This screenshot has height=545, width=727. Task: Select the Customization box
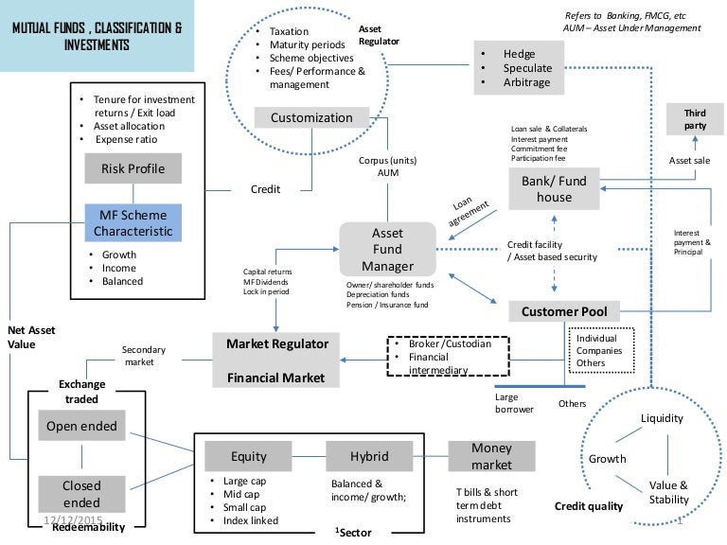tap(311, 117)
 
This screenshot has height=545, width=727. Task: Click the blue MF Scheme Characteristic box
tap(132, 221)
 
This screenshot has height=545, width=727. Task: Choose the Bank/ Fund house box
tap(554, 189)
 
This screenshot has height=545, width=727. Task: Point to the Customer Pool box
tap(564, 311)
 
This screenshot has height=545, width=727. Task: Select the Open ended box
tap(81, 426)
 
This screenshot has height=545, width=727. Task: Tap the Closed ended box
tap(81, 493)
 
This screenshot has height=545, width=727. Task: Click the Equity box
tap(249, 456)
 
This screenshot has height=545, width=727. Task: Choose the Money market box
tap(492, 456)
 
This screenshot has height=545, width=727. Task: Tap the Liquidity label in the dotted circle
tap(663, 419)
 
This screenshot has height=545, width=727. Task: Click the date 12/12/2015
tap(73, 520)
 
